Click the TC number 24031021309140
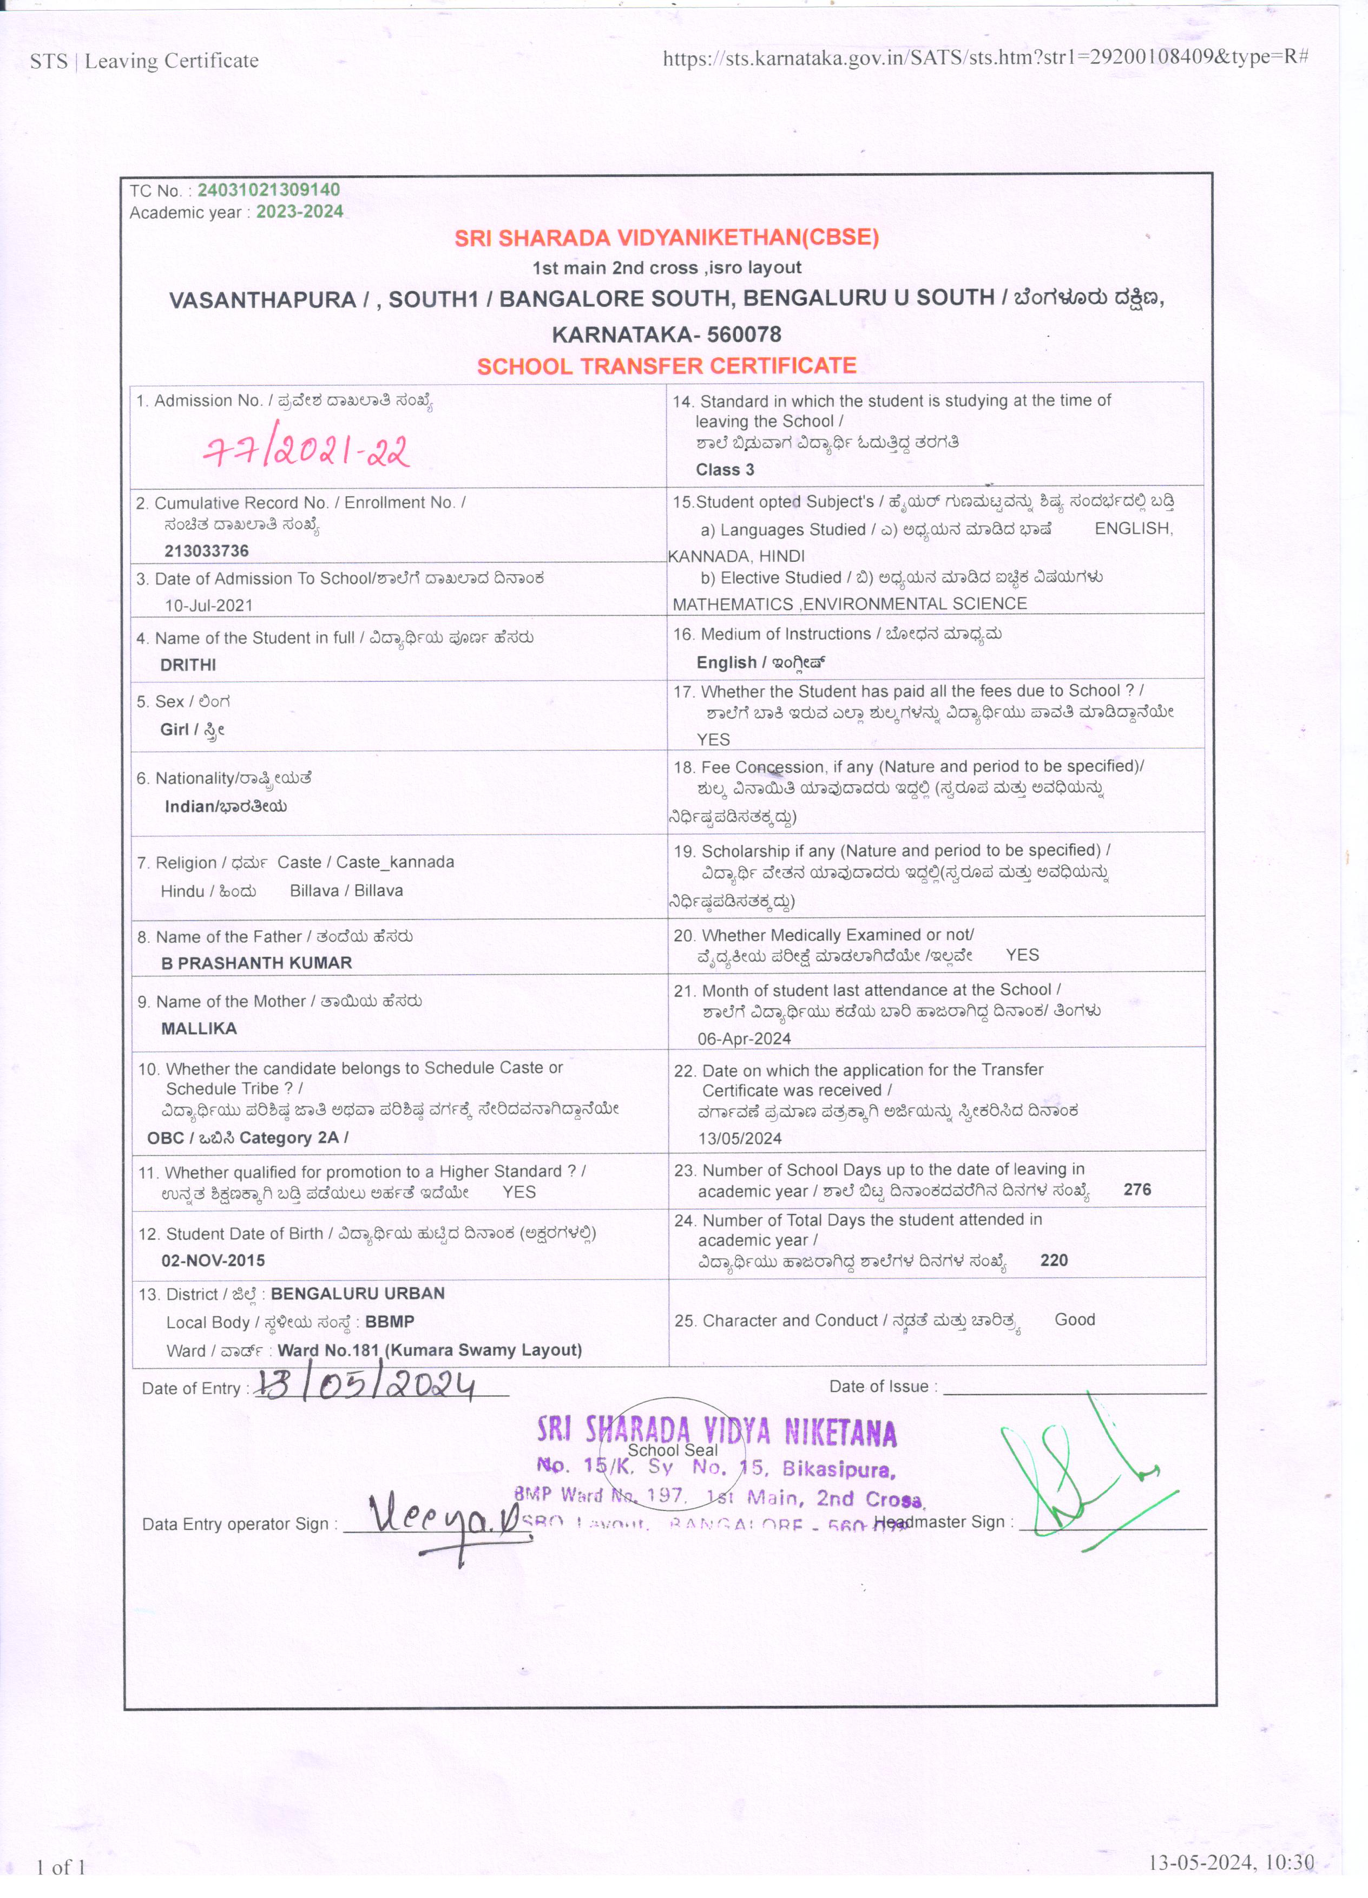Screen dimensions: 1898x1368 tap(268, 190)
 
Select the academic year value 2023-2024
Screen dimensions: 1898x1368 tap(300, 212)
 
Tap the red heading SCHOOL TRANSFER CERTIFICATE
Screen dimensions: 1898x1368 tap(667, 366)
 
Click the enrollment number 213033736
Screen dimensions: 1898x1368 tap(207, 550)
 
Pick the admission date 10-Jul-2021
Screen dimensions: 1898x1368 tap(208, 605)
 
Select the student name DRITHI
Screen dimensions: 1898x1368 tap(188, 665)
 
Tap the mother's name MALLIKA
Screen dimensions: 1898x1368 tap(199, 1028)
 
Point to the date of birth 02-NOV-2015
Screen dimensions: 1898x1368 tap(213, 1260)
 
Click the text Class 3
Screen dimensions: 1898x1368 tap(725, 469)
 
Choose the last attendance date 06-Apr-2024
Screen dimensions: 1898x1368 tap(744, 1039)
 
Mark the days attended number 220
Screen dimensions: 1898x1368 tap(1054, 1260)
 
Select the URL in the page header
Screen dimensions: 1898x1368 tap(985, 58)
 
